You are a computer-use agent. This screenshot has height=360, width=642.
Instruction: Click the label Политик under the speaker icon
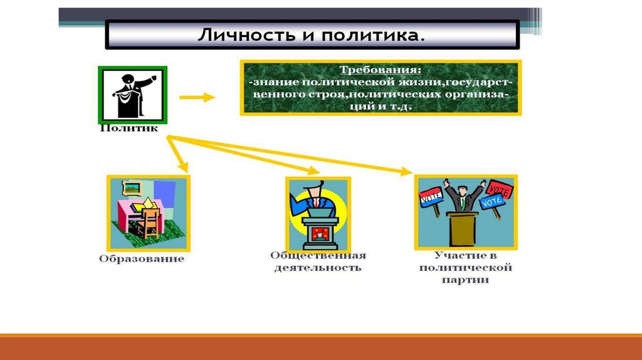tap(128, 128)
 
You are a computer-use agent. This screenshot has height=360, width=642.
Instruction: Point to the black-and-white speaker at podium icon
tap(132, 94)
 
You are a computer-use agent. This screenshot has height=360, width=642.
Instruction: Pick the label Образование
tap(141, 258)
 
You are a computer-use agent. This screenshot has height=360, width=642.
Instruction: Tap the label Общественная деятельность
tap(318, 262)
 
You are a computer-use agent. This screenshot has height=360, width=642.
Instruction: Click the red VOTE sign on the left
tap(431, 197)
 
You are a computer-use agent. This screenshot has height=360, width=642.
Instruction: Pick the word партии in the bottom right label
tap(465, 280)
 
